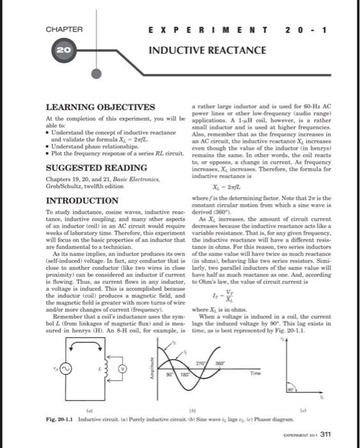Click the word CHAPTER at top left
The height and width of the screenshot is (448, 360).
pos(64,29)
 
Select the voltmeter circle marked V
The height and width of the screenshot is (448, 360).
pos(136,369)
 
